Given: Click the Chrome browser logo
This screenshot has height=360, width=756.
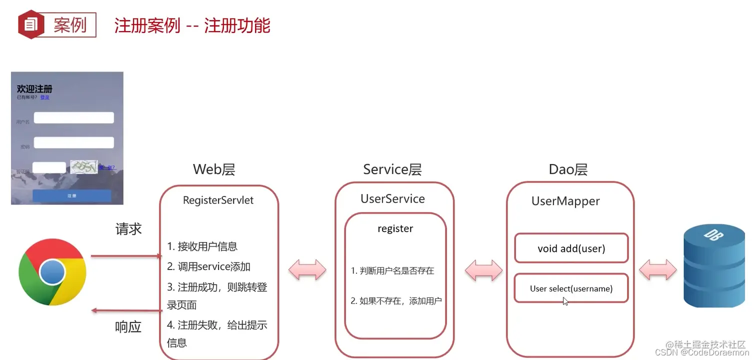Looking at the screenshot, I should coord(52,272).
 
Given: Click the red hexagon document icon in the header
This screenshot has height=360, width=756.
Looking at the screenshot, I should coord(31,23).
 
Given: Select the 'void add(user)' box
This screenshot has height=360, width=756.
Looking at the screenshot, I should coord(571,248).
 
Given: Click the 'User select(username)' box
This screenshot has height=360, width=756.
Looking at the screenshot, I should coord(571,288).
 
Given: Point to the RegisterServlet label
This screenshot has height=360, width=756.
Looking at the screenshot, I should coord(218,200).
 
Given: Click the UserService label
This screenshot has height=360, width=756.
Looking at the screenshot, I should coord(392,199).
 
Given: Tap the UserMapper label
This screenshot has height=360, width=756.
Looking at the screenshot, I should coord(565,201).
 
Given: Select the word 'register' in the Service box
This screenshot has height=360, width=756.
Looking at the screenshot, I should coord(395,229).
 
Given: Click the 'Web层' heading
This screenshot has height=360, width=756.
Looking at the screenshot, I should coord(214,169).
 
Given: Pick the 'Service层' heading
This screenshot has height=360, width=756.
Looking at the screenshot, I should coord(392,169).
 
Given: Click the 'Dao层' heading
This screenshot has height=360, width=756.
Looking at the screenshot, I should coord(568,169).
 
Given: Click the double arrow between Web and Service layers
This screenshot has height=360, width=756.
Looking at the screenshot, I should coord(307,270).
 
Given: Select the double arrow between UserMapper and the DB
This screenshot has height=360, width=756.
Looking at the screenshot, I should coord(657,270).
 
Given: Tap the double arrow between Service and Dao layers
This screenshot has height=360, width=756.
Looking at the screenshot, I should coord(483,270).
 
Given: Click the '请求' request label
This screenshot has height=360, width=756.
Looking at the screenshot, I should coord(128,229).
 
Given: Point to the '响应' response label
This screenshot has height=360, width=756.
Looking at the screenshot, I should coord(128,327).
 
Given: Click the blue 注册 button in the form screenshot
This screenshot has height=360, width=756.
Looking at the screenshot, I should coord(71,196).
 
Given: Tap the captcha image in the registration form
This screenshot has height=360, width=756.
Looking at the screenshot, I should coord(83,167).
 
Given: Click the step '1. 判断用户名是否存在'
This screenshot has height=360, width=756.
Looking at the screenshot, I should coord(392,271).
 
